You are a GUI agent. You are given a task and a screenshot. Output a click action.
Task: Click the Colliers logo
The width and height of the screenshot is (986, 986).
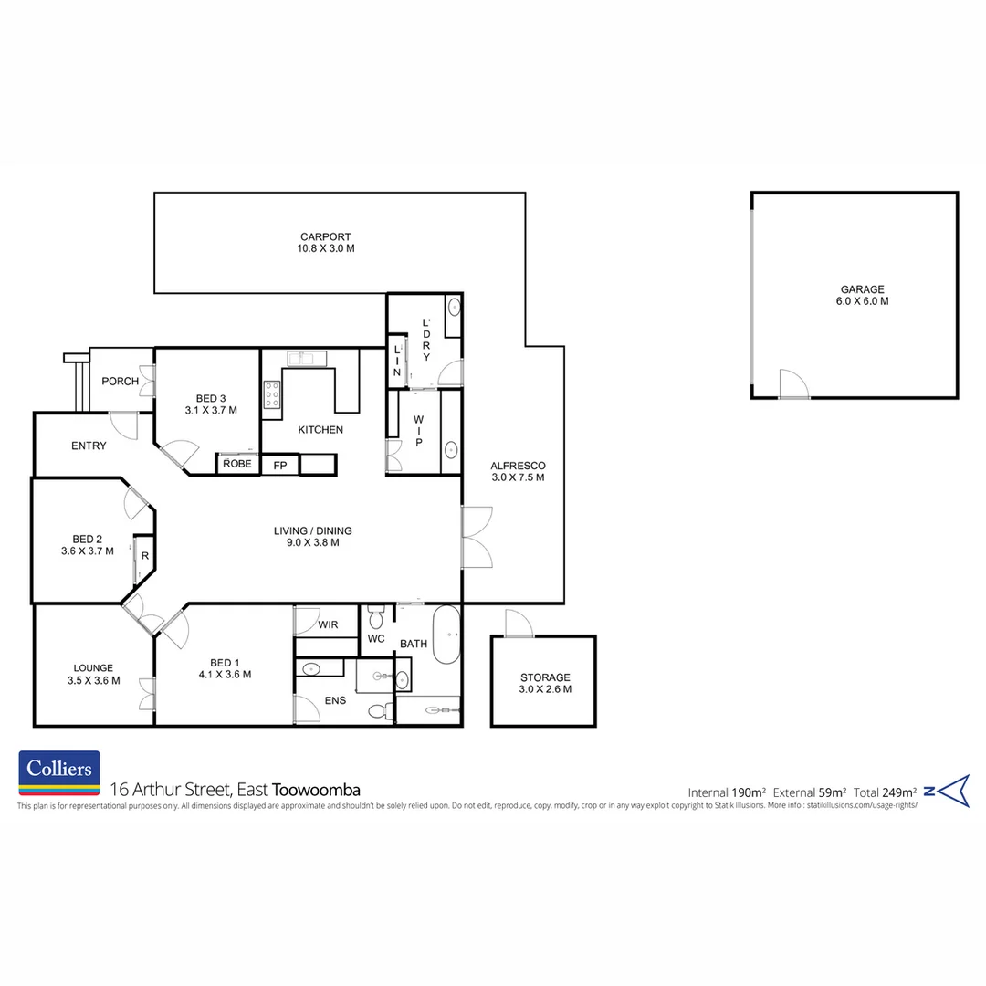pos(59,770)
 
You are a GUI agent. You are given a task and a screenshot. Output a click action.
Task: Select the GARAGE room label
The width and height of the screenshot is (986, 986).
pos(855,295)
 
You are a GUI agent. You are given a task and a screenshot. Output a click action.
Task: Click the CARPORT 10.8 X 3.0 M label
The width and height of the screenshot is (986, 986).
pos(326,242)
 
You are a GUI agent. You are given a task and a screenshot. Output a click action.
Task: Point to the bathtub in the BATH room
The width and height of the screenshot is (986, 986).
pos(446,634)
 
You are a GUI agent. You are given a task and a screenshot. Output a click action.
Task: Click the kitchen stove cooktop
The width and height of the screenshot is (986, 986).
pos(272,394)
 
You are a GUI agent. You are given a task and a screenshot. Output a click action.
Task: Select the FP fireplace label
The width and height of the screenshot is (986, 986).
pos(280,465)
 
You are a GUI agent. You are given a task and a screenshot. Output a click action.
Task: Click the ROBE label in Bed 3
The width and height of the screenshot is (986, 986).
pos(236,464)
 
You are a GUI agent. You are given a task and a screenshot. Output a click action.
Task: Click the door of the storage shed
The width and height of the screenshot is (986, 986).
pos(518,624)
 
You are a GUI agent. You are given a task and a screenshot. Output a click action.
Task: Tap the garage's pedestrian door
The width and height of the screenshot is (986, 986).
pos(793,384)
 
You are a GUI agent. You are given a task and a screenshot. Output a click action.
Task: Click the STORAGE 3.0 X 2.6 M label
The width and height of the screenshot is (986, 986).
pos(545,683)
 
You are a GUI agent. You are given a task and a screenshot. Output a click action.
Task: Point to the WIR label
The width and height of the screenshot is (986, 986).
pos(329,625)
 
